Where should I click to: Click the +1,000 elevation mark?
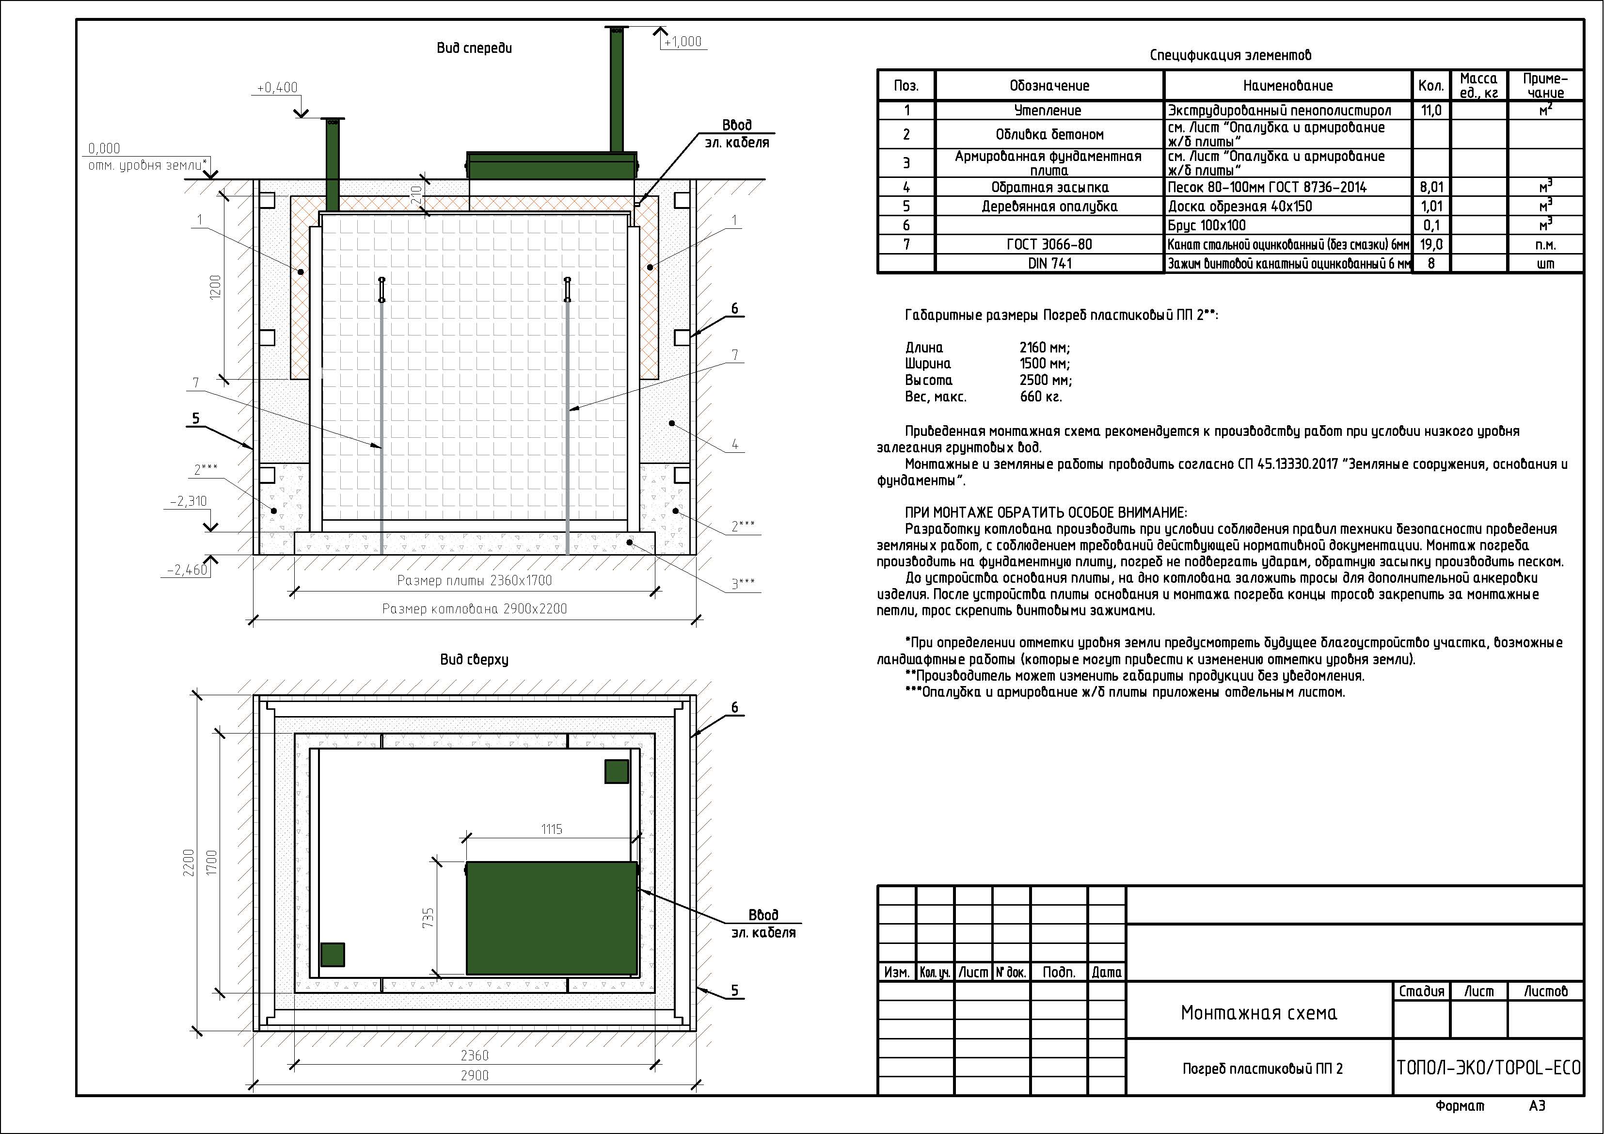683,42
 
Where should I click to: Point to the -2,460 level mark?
187,570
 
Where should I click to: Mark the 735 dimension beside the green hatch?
428,917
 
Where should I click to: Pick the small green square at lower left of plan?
333,955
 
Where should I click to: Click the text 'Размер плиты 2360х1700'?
475,581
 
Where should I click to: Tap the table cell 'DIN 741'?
1050,263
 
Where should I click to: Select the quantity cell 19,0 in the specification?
1431,244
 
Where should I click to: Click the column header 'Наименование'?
1287,86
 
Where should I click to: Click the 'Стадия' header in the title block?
1421,991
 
